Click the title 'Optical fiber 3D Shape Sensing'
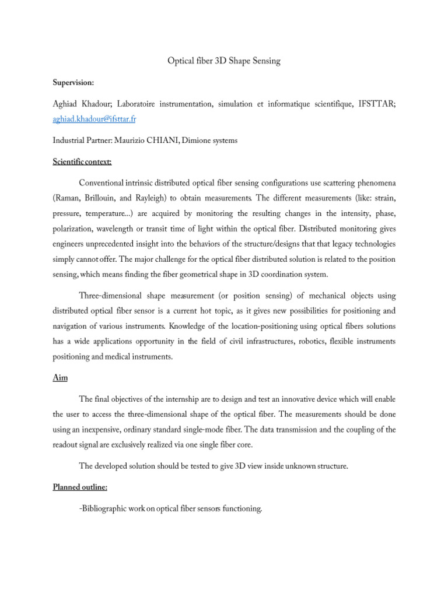224,61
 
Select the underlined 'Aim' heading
60,378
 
